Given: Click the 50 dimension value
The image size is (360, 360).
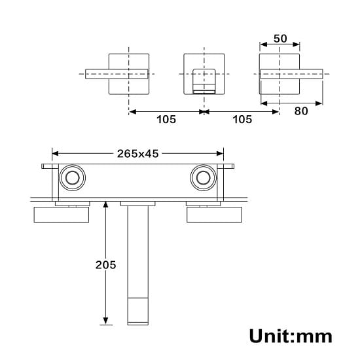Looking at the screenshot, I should click(280, 38).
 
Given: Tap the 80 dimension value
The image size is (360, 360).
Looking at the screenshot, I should click(300, 111).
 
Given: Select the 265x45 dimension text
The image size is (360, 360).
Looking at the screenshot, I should click(137, 154).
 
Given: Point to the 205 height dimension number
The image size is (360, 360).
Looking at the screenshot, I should click(105, 264).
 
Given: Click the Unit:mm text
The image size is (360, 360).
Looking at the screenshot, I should click(290, 336).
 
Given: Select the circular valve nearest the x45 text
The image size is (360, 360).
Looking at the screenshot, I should click(202, 177).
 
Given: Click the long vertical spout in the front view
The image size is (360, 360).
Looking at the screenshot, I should click(138, 262).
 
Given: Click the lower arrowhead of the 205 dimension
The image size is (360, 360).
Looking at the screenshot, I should click(105, 319).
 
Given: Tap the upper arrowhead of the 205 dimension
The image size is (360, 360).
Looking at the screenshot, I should click(105, 204).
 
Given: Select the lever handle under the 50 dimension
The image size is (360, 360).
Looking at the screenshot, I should click(291, 74).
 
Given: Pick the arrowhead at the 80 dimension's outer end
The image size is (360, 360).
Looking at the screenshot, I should click(319, 103).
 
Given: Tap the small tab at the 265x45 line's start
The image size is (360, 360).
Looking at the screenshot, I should click(46, 166).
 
